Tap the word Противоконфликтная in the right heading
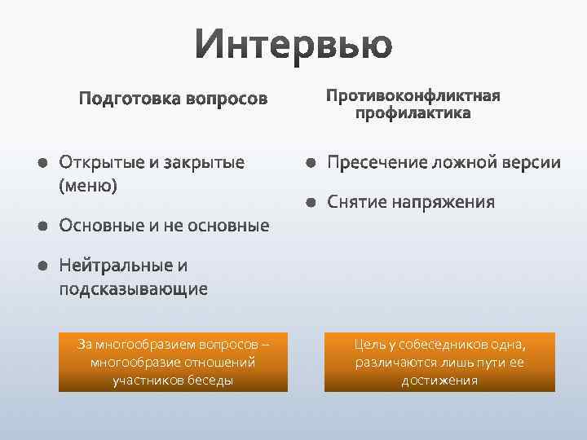click(413, 96)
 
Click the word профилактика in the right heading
click(413, 113)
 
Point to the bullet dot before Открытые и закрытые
click(42, 163)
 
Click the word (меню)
click(88, 185)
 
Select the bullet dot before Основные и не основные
click(42, 226)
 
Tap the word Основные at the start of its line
click(99, 226)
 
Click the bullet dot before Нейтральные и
click(42, 266)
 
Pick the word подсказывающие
click(133, 288)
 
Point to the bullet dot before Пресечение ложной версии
click(311, 163)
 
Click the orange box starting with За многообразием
click(173, 363)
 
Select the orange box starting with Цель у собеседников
click(439, 363)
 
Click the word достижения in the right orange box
click(439, 381)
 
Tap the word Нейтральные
click(115, 266)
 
